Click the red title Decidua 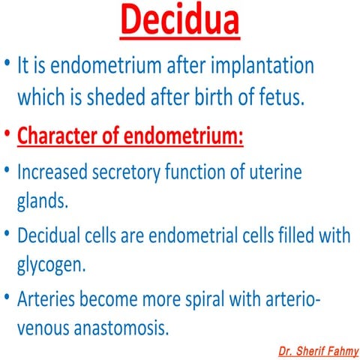pyautogui.click(x=180, y=21)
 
